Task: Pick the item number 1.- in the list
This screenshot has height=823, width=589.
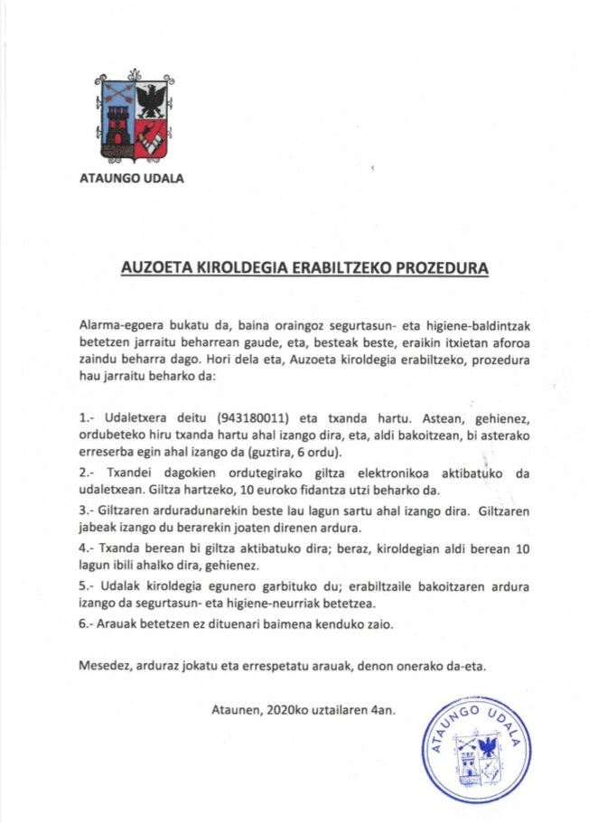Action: pyautogui.click(x=88, y=419)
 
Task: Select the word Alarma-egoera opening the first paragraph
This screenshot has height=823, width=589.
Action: pyautogui.click(x=120, y=323)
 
